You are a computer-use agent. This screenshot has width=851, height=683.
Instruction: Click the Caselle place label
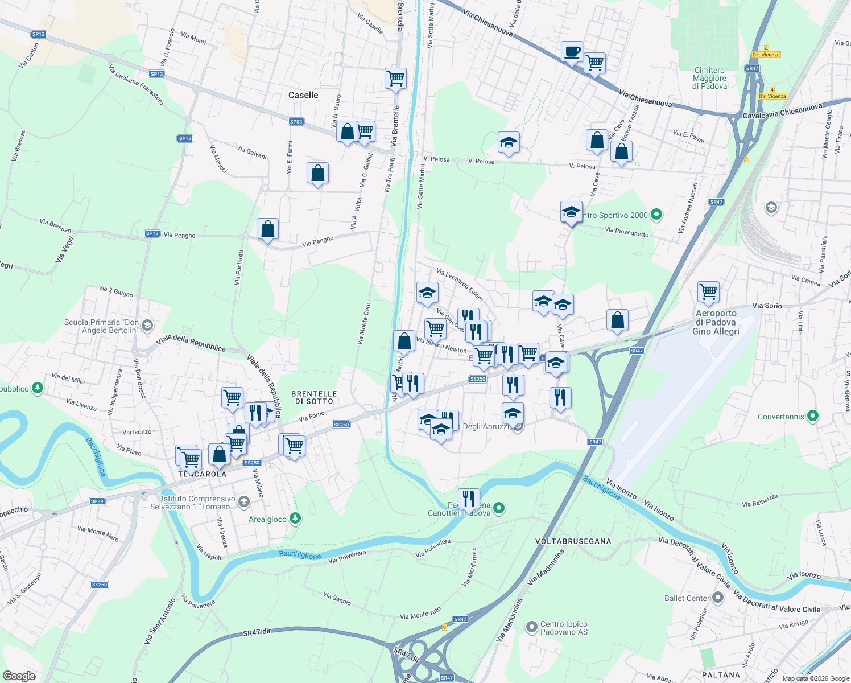point(303,95)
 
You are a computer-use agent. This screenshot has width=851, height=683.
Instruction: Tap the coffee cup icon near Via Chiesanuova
point(572,52)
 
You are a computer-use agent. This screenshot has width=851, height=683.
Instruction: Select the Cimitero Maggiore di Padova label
point(709,79)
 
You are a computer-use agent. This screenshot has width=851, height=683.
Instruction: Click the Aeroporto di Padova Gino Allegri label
point(716,322)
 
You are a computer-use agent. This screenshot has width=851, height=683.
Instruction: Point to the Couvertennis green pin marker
point(813,417)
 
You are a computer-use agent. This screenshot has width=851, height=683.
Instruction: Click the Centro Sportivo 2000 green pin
point(656,215)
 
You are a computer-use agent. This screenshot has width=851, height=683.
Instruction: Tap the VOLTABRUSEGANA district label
point(573,541)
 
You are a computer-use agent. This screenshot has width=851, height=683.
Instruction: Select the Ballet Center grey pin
point(718,598)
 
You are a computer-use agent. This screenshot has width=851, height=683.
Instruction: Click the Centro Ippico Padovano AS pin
point(532,628)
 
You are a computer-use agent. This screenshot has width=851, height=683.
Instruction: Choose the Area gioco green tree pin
point(295,519)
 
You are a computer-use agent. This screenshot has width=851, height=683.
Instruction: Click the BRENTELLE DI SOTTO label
point(314,397)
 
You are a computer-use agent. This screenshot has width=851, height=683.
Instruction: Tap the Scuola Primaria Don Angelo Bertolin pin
point(147,326)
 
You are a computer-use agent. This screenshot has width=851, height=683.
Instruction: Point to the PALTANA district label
point(721,675)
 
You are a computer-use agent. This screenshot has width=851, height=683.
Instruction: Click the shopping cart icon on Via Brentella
point(395,78)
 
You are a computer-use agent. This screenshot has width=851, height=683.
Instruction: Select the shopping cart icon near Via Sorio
point(709,292)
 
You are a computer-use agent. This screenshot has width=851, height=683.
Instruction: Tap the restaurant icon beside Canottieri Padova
point(468,499)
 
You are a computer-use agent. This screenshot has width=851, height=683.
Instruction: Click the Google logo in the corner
point(19,676)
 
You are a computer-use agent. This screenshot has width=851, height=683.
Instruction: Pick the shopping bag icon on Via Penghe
point(267,229)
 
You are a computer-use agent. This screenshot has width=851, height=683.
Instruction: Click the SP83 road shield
point(296,122)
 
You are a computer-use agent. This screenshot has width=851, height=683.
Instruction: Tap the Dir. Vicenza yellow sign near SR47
point(766,55)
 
